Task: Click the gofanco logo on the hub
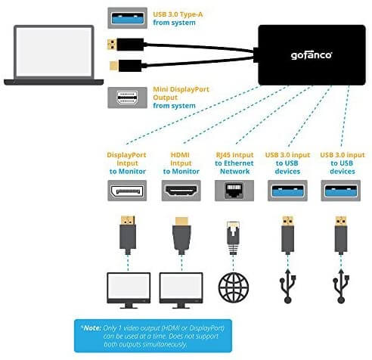[312, 55]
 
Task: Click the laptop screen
[54, 52]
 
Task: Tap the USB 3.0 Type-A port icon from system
[128, 18]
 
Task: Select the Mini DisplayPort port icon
[128, 98]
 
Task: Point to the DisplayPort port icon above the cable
[127, 191]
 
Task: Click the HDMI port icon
[181, 191]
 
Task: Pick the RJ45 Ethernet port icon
[234, 191]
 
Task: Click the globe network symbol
[234, 287]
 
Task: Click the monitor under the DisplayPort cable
[129, 290]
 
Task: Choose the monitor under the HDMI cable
[181, 290]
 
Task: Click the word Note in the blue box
[92, 328]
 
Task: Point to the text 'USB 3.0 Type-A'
[178, 14]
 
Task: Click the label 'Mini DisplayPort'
[181, 89]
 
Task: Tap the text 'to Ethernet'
[234, 163]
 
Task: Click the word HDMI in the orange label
[180, 155]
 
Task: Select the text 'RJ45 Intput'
[234, 155]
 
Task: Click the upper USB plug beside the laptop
[126, 45]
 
